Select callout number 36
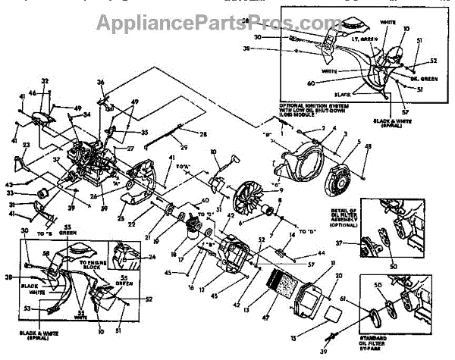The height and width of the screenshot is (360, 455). [x=100, y=83]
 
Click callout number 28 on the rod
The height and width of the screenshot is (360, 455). [x=203, y=134]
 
